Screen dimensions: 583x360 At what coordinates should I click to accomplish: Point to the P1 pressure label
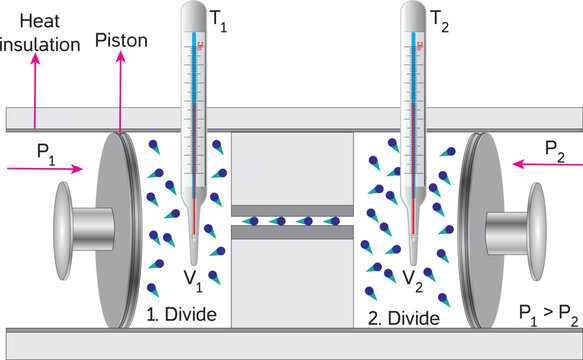point(45,151)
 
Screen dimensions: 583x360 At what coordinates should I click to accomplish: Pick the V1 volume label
point(193,277)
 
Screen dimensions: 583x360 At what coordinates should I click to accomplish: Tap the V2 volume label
point(411,277)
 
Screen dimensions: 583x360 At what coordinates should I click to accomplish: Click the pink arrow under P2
point(546,165)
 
